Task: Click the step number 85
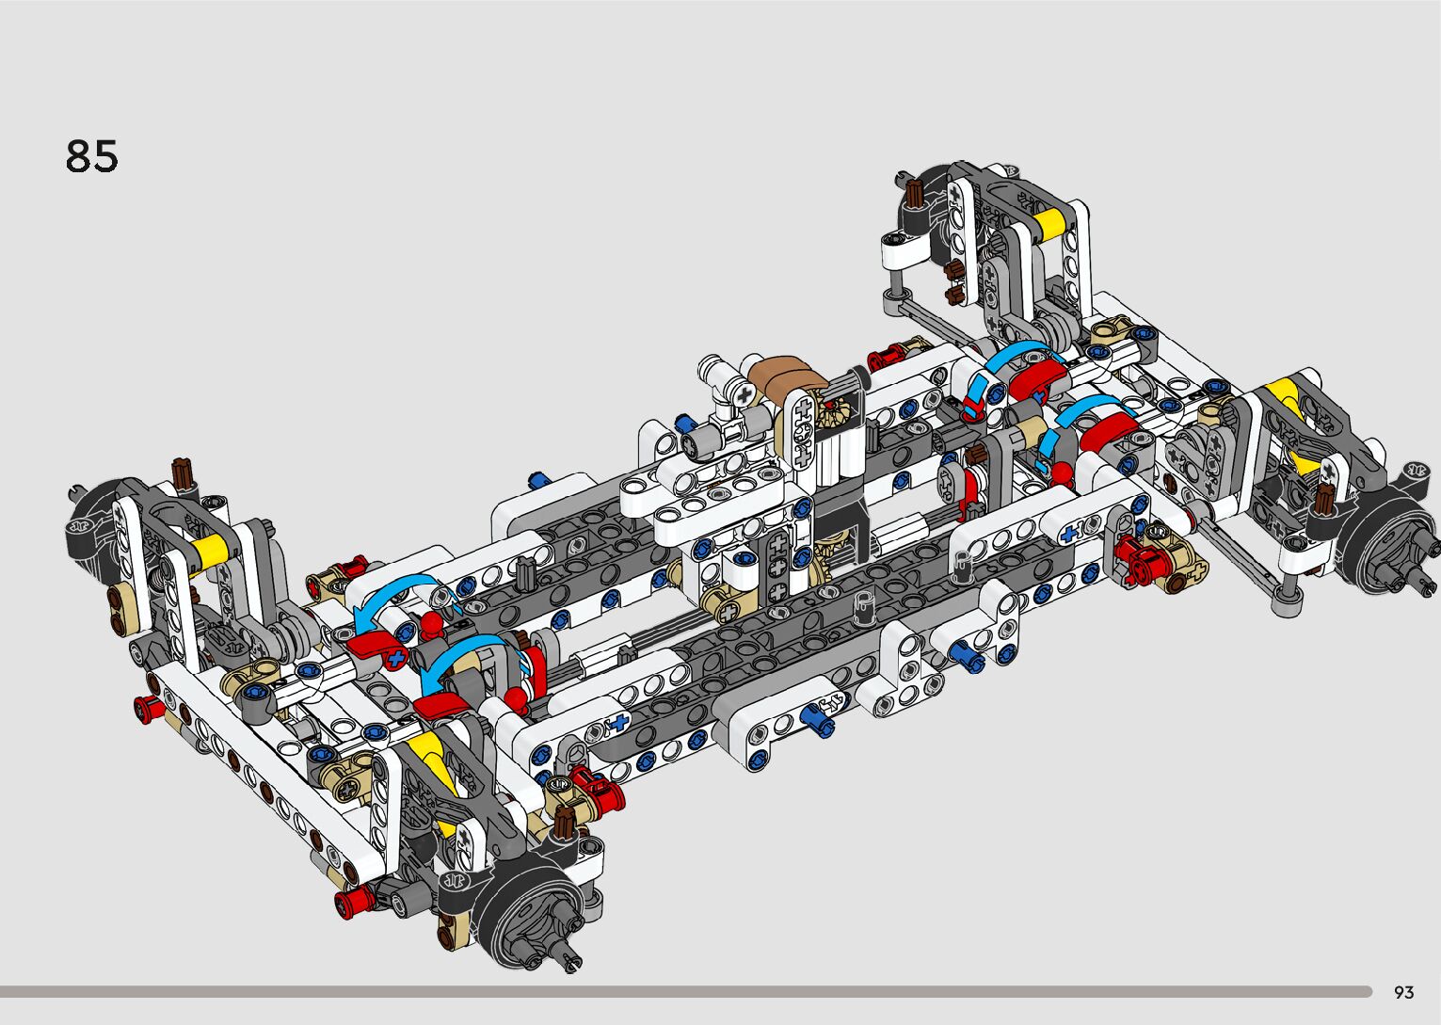[x=91, y=156]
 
